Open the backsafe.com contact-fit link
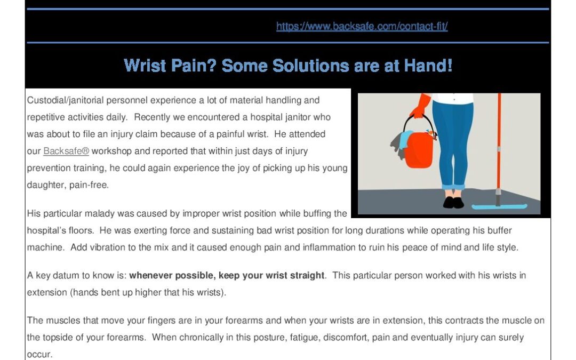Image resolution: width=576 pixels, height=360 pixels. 362,27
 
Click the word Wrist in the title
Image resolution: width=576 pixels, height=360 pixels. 145,66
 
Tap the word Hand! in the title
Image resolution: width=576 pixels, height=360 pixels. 428,66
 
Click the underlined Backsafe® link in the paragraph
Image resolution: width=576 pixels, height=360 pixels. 66,151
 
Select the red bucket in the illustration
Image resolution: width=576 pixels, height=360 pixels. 419,149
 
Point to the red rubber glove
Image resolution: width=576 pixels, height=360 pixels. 421,106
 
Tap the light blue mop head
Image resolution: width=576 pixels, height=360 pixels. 499,206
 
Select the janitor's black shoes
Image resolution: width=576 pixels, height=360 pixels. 453,203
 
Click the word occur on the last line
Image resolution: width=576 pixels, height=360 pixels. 39,355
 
